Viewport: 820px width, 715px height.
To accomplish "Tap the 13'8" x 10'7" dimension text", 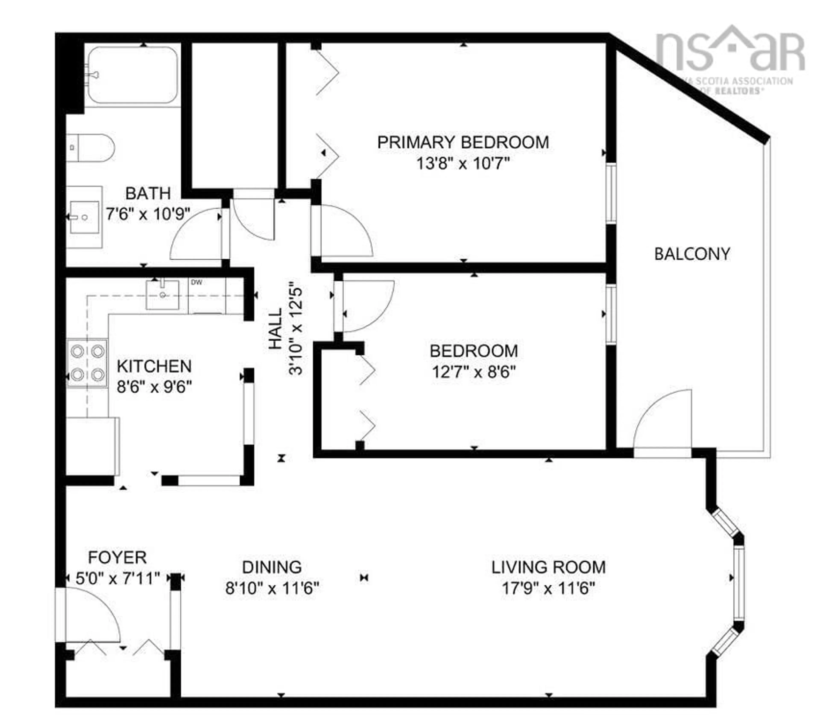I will pyautogui.click(x=463, y=164).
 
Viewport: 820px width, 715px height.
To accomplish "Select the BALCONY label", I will pyautogui.click(x=692, y=254).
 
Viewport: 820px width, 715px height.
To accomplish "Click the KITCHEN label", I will pyautogui.click(x=154, y=366).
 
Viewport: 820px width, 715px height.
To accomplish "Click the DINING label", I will pyautogui.click(x=272, y=567).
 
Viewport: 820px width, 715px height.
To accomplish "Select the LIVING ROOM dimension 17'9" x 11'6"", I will pyautogui.click(x=548, y=588).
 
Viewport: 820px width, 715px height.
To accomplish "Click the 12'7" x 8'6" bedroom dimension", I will pyautogui.click(x=474, y=372).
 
